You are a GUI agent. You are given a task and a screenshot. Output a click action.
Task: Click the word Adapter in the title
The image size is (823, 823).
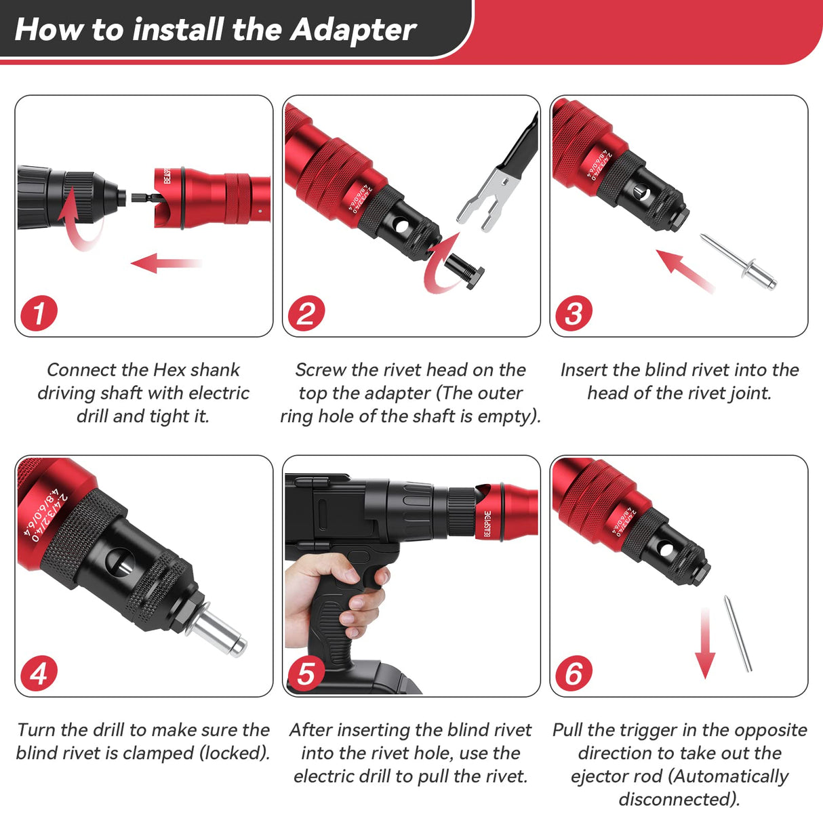click(x=353, y=30)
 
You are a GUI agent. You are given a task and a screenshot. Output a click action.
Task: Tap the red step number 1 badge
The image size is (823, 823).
click(x=38, y=313)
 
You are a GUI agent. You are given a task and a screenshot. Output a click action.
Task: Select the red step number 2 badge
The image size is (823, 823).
click(x=306, y=313)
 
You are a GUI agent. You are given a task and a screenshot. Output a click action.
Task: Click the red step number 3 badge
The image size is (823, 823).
click(x=574, y=313)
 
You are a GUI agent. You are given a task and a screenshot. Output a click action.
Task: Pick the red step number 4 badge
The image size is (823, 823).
click(x=38, y=673)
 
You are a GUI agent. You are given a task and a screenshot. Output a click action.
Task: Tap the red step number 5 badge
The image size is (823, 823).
click(x=306, y=673)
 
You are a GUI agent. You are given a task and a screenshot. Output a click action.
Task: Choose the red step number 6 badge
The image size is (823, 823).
click(x=574, y=673)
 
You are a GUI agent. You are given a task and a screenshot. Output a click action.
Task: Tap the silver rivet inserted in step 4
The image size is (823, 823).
click(x=218, y=630)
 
